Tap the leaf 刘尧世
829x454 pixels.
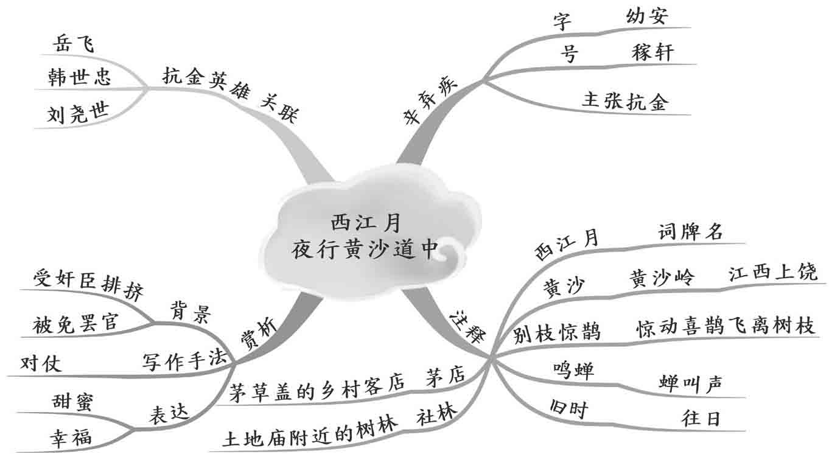76,114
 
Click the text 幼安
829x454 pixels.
646,16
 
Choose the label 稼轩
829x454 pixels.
652,53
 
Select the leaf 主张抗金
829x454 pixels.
625,102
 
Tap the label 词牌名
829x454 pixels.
689,232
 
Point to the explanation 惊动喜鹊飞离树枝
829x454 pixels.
725,327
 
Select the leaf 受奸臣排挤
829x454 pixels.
88,286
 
